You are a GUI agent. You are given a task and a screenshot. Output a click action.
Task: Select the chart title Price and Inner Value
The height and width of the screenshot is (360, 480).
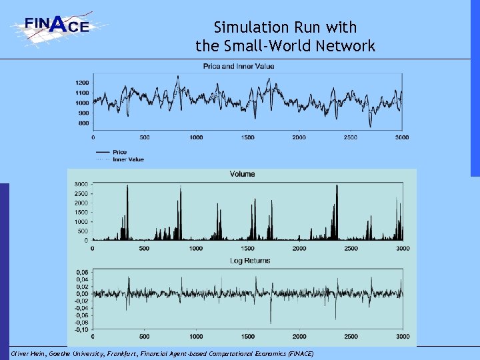coord(239,66)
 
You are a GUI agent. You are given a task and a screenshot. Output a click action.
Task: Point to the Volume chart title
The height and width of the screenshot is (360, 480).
coord(242,175)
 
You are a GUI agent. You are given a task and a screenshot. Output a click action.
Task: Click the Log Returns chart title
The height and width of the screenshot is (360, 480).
coord(250,261)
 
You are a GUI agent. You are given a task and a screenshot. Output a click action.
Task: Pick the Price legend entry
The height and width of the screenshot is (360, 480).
coord(120,153)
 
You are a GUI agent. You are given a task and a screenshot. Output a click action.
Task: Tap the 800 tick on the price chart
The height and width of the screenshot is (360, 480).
coord(83,123)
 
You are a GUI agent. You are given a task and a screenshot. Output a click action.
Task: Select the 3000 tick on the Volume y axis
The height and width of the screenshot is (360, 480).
coord(80,183)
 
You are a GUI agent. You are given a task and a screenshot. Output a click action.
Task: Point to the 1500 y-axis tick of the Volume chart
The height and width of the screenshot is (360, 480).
coord(80,212)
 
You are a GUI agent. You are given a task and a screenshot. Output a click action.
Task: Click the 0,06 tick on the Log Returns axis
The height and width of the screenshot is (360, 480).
coord(81,272)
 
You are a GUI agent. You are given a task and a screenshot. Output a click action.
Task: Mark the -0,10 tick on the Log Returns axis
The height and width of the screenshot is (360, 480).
coord(80,329)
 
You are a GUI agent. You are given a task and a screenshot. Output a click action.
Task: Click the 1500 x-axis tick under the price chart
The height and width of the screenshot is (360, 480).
coord(247,137)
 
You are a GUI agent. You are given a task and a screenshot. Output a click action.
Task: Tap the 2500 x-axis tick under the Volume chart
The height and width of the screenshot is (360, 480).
coord(351,248)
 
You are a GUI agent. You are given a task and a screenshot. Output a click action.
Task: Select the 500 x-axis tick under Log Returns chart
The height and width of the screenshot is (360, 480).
coord(144,337)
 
